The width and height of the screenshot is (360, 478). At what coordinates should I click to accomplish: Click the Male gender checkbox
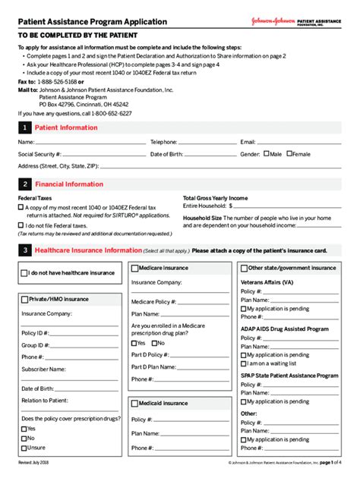[266, 154]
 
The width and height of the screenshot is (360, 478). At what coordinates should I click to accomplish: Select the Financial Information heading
[69, 184]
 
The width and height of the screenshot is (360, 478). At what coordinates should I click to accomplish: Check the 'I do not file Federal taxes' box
[21, 225]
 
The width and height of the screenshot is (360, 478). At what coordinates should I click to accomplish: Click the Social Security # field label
[40, 154]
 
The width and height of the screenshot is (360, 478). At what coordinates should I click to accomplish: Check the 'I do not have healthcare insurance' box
[25, 273]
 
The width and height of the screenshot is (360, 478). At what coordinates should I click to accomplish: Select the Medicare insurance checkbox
[134, 268]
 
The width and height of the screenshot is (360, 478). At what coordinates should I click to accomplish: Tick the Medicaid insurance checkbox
[134, 403]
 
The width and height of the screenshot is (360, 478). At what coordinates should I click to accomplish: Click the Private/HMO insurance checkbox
[25, 299]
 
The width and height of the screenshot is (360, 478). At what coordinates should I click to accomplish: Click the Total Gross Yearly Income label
[215, 197]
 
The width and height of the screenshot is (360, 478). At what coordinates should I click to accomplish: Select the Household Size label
[202, 217]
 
